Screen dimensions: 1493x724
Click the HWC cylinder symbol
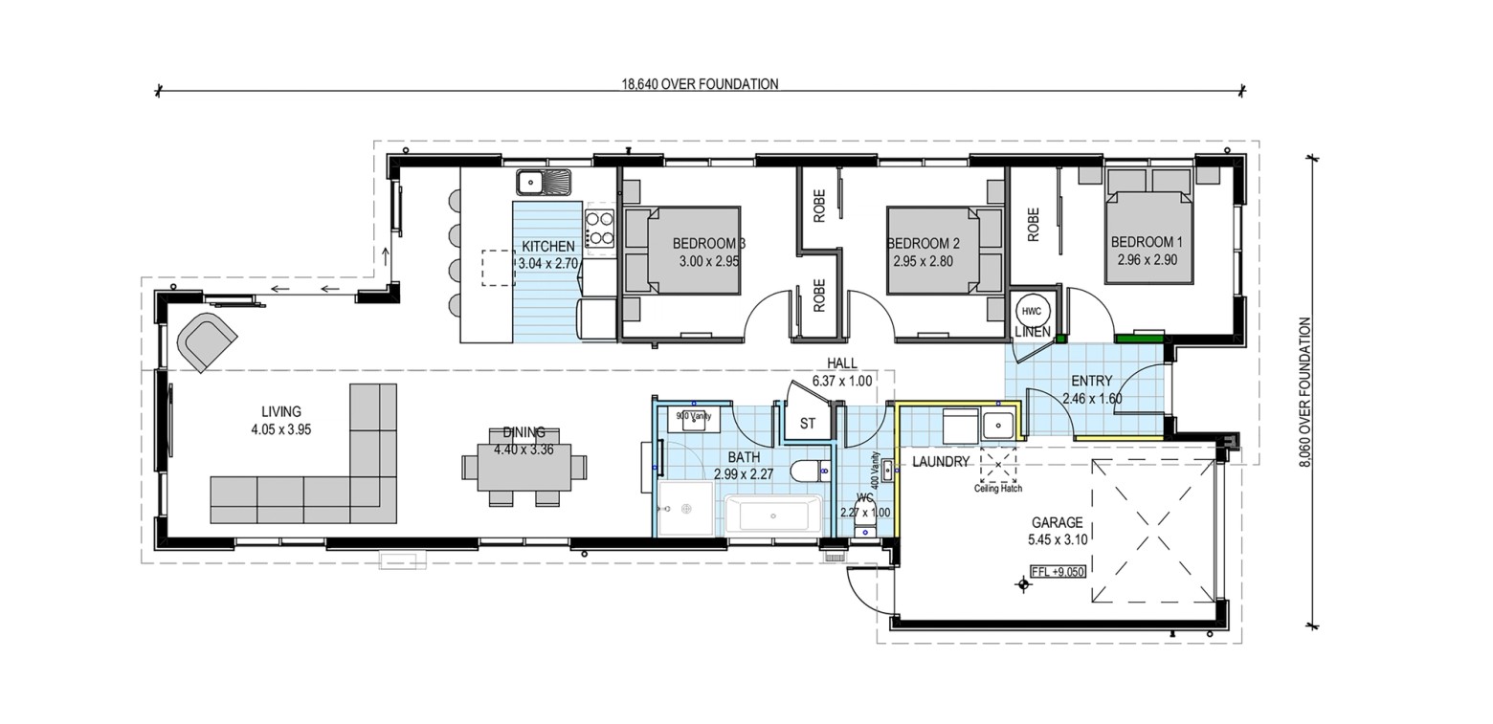click(x=1032, y=311)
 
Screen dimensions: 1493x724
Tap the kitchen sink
click(x=544, y=182)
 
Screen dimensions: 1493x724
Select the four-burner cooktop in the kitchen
click(x=600, y=228)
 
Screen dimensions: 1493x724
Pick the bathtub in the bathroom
click(x=774, y=515)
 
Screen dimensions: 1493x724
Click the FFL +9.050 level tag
click(x=1058, y=572)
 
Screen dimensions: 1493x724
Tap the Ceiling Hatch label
click(x=998, y=488)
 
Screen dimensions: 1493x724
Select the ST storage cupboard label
click(x=807, y=424)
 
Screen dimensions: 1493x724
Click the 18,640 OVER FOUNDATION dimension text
click(x=700, y=84)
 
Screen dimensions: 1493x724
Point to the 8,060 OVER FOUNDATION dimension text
click(x=1305, y=391)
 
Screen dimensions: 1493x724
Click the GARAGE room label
click(x=1058, y=523)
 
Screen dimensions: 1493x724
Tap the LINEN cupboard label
click(x=1033, y=332)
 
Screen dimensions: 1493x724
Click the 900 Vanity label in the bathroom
click(x=694, y=416)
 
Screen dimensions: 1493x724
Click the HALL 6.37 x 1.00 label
click(x=842, y=372)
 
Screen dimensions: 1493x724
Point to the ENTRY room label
click(x=1092, y=381)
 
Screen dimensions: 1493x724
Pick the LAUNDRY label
click(x=941, y=462)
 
